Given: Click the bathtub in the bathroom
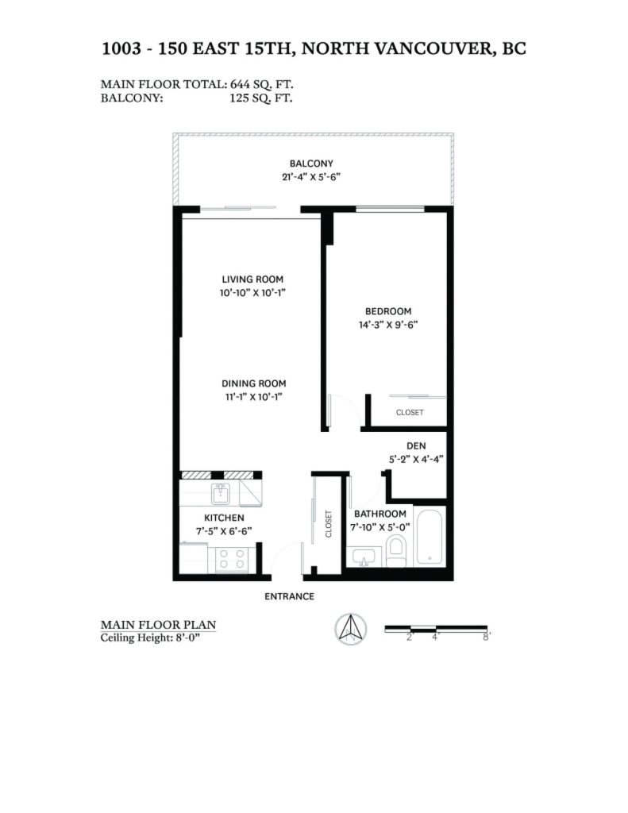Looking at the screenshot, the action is tap(430, 538).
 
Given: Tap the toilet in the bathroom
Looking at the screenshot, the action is tap(396, 551).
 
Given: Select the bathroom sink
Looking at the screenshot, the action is tap(363, 557).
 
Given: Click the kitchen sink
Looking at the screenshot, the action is tap(221, 493).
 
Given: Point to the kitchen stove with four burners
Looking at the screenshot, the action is tap(232, 559).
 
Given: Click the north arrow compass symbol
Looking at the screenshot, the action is tap(351, 629).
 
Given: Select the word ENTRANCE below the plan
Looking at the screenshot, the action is tap(289, 596).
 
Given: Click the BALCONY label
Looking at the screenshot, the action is tap(311, 164).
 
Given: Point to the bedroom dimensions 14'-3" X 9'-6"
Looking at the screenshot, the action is tap(388, 325).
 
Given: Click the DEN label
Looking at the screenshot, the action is tap(416, 446).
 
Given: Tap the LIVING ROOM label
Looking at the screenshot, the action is tap(252, 279).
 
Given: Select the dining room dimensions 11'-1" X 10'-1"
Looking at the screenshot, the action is tap(253, 397).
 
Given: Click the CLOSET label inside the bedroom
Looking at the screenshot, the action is tap(410, 413).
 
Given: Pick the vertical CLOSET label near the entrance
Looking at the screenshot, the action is tap(328, 524).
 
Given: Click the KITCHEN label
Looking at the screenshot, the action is tap(224, 518).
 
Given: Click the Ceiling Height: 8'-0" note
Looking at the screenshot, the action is tap(150, 638).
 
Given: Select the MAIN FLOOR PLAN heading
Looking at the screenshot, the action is tap(158, 625).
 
